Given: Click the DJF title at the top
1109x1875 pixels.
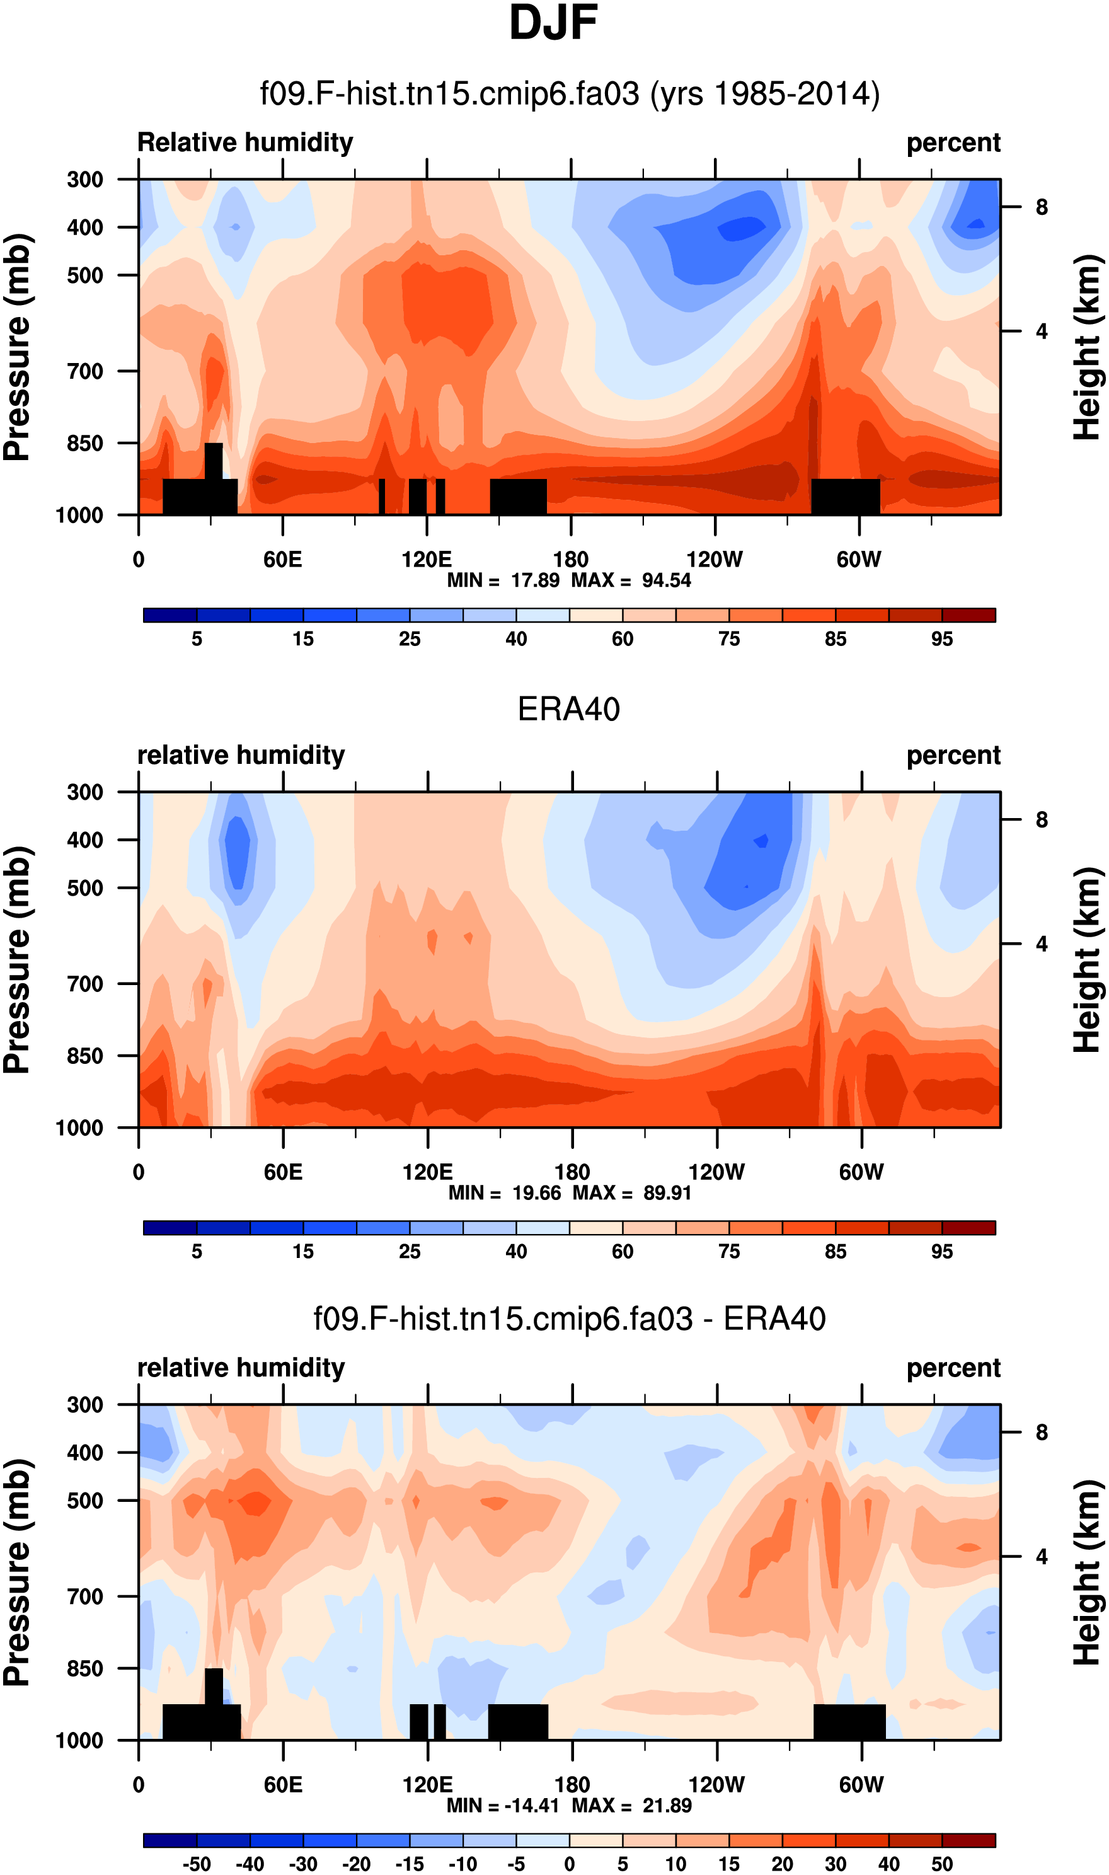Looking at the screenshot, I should (x=553, y=24).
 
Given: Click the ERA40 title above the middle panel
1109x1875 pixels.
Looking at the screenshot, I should (x=569, y=709).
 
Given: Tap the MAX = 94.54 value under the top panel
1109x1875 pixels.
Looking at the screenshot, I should (x=631, y=580).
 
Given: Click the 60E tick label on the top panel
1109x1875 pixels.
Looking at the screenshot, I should (x=282, y=559).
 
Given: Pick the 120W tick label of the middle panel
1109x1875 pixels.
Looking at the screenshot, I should (x=716, y=1172).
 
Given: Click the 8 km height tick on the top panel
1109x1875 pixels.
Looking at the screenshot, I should (x=1042, y=207).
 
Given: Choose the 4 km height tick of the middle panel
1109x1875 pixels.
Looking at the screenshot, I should (x=1042, y=944).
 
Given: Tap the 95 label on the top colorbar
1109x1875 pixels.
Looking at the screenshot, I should (x=941, y=639).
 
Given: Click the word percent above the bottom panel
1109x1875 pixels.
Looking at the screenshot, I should (x=953, y=1368).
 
